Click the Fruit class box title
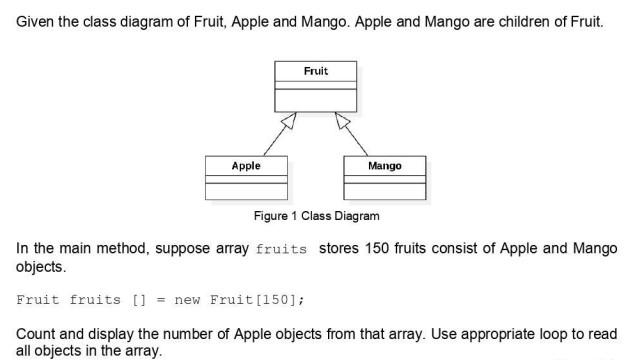pos(315,71)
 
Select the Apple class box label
pos(246,166)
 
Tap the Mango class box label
pos(384,166)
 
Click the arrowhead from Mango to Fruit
pos(341,121)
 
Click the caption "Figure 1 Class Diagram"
pos(317,216)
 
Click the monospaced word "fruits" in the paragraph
pos(281,249)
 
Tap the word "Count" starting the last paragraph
pos(36,333)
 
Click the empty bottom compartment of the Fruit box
pos(315,103)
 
